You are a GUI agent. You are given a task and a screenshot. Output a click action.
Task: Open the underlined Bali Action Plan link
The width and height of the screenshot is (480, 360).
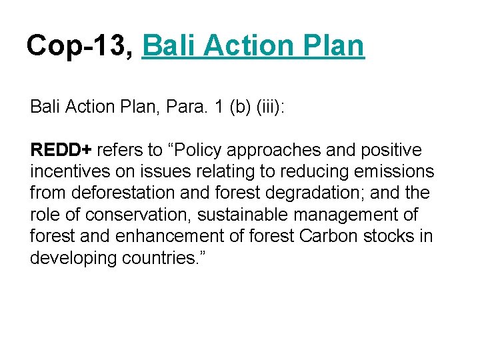[x=253, y=46]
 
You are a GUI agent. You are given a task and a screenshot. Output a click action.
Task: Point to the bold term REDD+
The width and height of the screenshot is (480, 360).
[x=61, y=150]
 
